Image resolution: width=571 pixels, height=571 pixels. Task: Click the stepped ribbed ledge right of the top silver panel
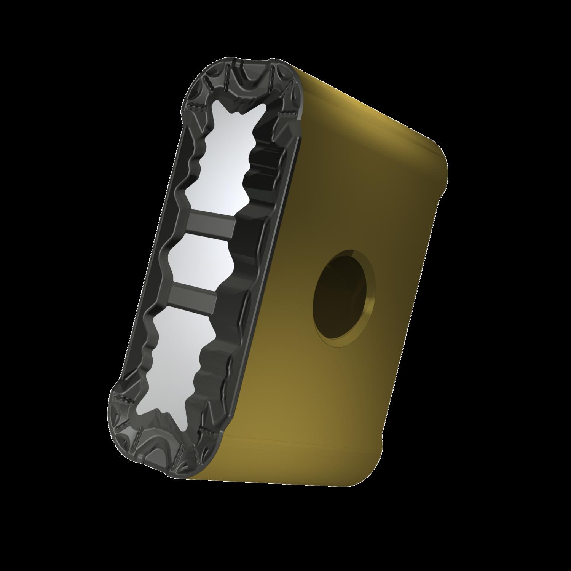(x=266, y=160)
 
